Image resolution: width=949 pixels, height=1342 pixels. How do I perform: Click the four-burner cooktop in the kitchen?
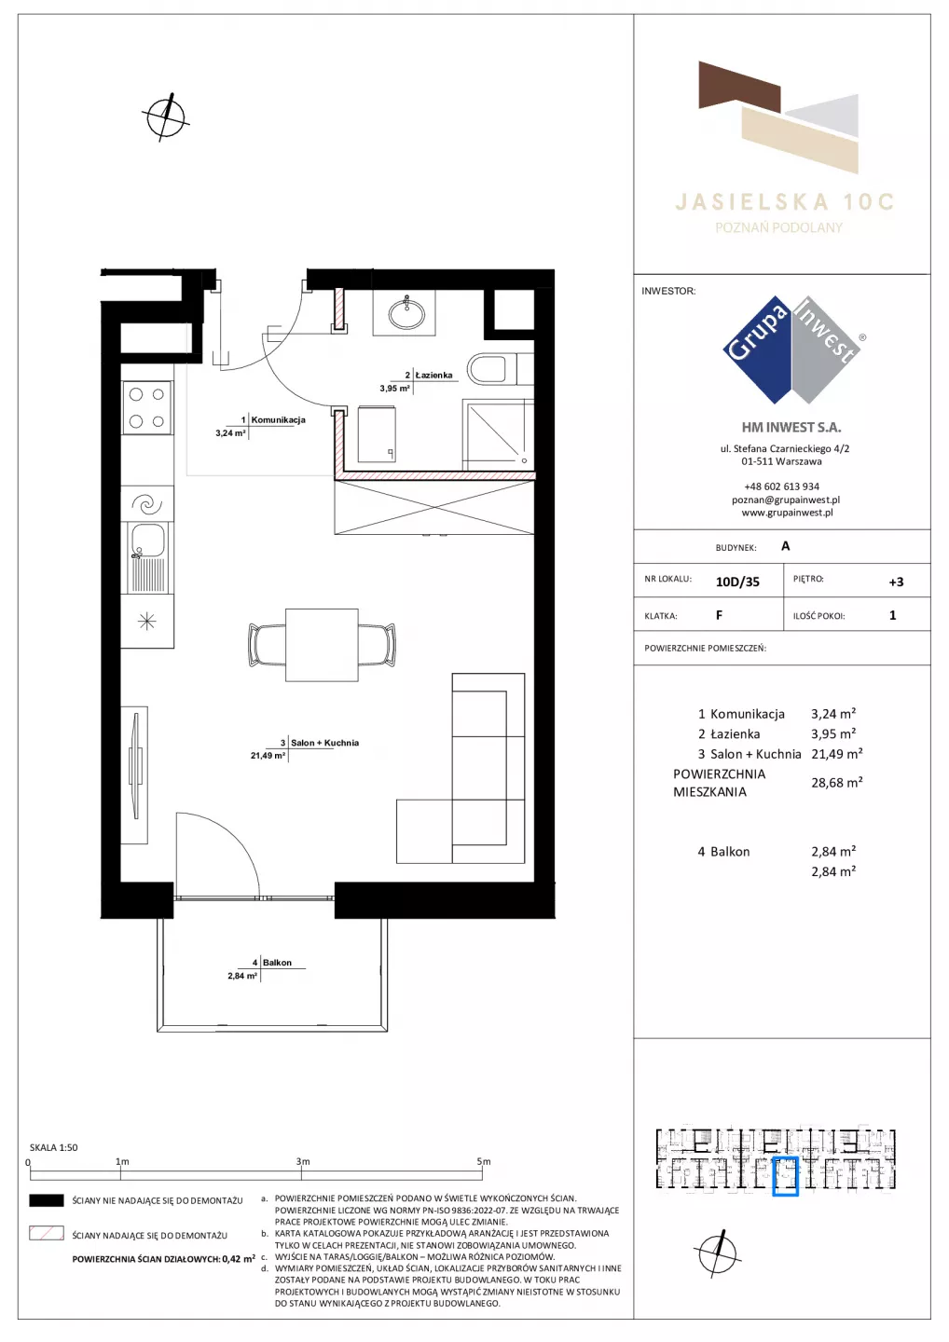(147, 406)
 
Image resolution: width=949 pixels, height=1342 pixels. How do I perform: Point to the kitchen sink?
(147, 557)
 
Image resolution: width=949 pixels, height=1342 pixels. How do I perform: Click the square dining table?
(322, 645)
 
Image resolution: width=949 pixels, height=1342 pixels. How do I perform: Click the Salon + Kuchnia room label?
(324, 743)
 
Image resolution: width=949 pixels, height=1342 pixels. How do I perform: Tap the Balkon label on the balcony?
(277, 963)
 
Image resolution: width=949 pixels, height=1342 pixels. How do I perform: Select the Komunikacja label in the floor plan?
(278, 420)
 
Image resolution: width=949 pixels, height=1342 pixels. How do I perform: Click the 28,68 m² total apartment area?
(836, 783)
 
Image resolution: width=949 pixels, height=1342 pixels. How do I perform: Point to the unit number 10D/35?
(737, 582)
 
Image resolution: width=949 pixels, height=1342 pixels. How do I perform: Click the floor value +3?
(896, 582)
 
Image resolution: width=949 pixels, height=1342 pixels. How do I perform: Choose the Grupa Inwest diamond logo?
(792, 349)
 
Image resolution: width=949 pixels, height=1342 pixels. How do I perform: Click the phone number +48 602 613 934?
(782, 486)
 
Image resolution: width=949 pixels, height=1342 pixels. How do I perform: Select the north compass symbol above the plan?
(166, 116)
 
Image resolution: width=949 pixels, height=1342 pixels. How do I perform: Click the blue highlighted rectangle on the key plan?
(785, 1177)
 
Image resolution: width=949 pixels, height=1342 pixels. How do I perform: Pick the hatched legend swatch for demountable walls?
(47, 1233)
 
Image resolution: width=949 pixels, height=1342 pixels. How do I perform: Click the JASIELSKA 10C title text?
(785, 202)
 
